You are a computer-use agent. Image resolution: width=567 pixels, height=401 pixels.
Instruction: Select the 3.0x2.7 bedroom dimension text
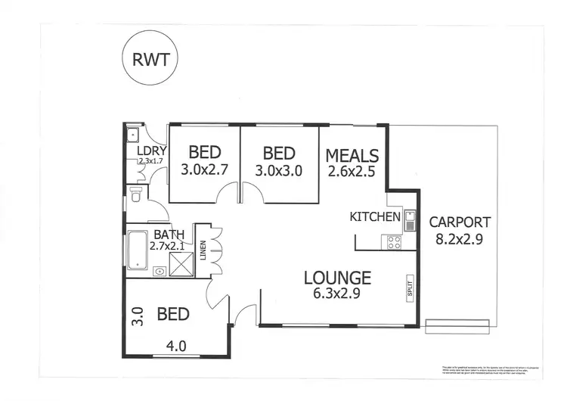click(x=204, y=170)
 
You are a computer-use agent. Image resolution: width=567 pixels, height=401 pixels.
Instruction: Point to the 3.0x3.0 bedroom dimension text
click(x=279, y=170)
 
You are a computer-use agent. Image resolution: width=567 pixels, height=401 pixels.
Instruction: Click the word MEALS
click(x=352, y=155)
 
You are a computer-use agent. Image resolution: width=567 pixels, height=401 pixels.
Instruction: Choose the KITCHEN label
click(x=374, y=217)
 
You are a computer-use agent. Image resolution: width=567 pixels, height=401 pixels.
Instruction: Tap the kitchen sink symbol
click(x=409, y=219)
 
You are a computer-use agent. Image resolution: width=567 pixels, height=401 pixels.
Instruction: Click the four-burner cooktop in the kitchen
click(x=394, y=243)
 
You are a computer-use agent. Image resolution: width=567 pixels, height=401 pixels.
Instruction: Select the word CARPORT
click(x=460, y=222)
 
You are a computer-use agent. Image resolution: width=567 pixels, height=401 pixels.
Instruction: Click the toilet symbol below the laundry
click(x=135, y=196)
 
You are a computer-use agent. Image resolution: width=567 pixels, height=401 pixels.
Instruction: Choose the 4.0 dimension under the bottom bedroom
click(x=175, y=349)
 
